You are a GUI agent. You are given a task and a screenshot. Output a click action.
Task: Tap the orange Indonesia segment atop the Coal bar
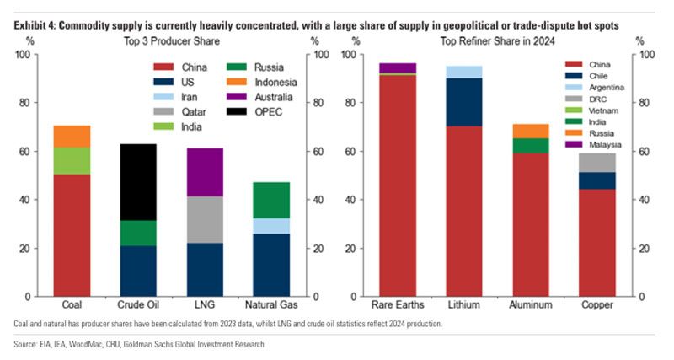click(72, 136)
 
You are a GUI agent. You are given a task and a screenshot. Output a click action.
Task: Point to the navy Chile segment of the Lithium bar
click(464, 102)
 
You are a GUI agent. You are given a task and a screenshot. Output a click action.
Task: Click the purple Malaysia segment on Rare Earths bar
click(398, 67)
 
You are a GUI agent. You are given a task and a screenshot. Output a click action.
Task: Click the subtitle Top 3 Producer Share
click(173, 40)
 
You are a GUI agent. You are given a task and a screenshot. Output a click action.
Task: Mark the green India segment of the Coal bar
click(72, 161)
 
